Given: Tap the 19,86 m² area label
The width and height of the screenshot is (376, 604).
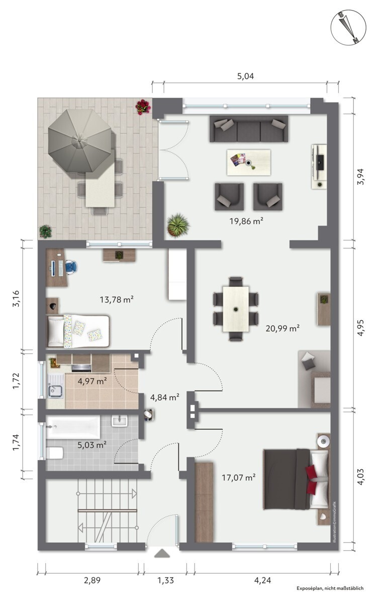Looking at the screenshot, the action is pos(246,221).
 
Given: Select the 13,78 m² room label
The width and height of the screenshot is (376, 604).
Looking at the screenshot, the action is pos(117,299).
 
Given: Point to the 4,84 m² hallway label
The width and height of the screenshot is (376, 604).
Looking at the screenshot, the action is pos(165,397).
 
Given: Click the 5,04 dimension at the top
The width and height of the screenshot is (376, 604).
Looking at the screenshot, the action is pos(245,76).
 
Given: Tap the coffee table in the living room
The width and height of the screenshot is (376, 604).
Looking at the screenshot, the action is pos(249,162).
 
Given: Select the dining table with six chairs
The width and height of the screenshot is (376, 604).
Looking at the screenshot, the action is pos(236,309).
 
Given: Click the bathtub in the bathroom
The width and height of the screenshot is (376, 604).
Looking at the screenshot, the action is pos(73,427).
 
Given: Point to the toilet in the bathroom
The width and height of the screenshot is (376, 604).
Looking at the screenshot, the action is pos(54,453).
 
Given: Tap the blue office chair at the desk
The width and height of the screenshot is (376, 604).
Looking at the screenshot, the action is pos(71,267).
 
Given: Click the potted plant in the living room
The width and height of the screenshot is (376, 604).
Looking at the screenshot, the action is pos(178,225).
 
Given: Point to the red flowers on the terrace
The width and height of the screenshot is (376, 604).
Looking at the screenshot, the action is pos(143,107).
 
